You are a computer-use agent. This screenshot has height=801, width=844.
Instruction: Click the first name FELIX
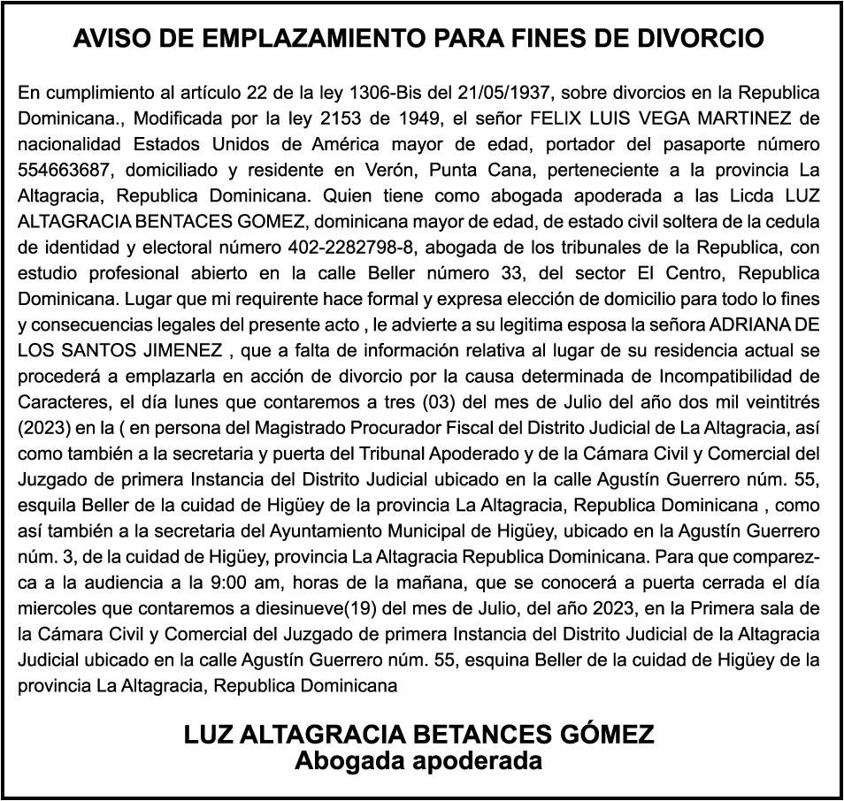556,117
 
